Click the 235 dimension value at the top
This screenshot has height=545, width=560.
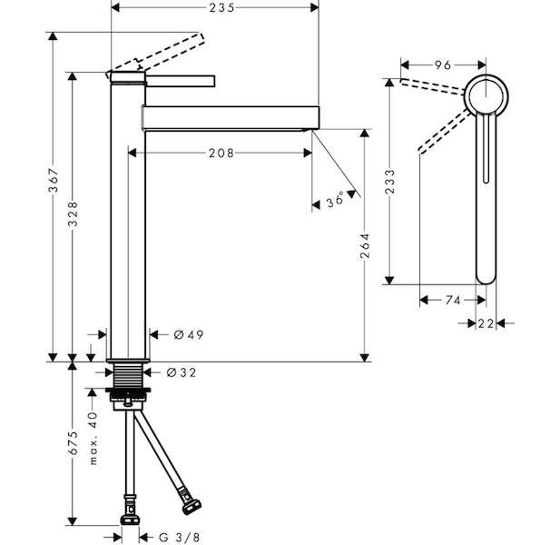click(x=221, y=7)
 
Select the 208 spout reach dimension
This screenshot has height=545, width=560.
click(x=221, y=154)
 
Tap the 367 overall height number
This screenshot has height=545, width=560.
click(x=54, y=180)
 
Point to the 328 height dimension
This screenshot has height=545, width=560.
click(x=73, y=213)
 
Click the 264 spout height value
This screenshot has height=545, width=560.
click(x=365, y=246)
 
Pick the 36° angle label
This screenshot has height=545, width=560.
click(x=335, y=200)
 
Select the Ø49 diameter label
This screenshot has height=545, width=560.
click(x=189, y=335)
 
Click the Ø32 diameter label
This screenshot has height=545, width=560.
click(x=182, y=372)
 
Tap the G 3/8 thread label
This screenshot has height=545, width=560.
click(x=180, y=537)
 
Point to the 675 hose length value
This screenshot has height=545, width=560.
click(x=73, y=443)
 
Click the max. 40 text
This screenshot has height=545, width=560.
click(x=93, y=438)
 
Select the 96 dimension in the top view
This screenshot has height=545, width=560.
click(x=443, y=65)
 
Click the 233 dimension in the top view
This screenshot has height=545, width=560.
click(x=390, y=182)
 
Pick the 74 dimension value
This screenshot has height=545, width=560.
click(x=453, y=301)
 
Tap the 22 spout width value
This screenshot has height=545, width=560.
click(x=486, y=323)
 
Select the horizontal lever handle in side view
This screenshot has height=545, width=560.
click(x=181, y=81)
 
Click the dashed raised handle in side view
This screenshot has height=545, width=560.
click(x=155, y=54)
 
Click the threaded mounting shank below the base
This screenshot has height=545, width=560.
click(x=128, y=375)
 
